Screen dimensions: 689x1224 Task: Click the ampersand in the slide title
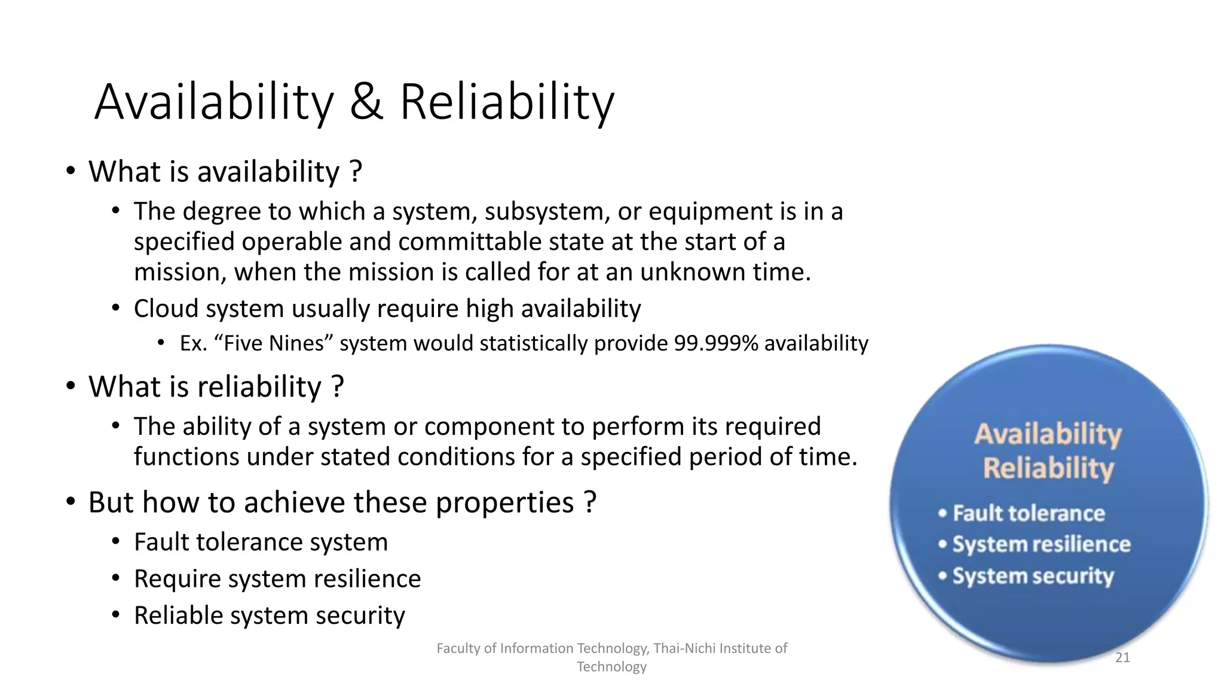[366, 102]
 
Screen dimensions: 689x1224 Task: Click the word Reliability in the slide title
[506, 102]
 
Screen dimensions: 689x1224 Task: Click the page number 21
[1122, 658]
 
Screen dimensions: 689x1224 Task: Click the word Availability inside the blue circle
[1048, 434]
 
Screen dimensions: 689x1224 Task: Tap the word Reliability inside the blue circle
[1048, 468]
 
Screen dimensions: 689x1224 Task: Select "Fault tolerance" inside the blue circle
[1029, 513]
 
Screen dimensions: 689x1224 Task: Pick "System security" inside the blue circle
[1033, 576]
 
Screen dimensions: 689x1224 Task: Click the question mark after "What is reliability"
[338, 386]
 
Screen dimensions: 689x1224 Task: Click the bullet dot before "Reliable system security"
[116, 614]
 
